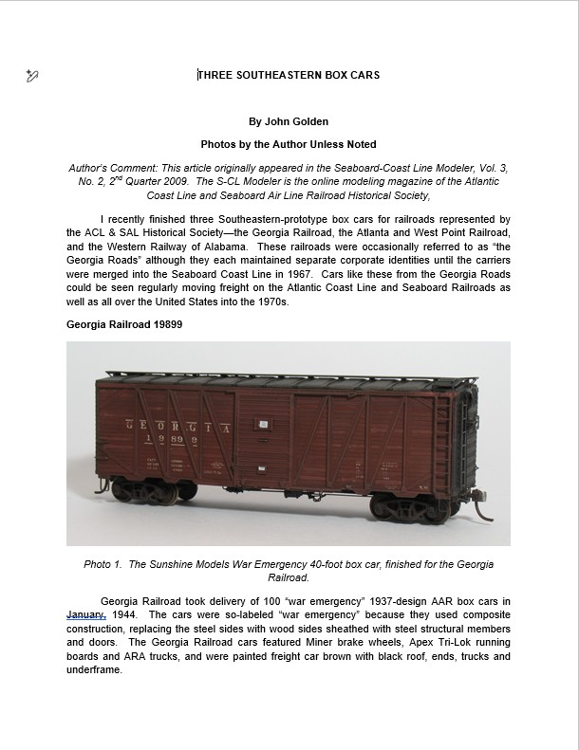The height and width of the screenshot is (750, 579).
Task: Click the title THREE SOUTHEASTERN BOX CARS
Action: click(289, 75)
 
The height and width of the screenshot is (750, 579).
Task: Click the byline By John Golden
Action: click(288, 121)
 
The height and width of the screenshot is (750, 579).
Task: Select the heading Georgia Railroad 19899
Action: click(124, 324)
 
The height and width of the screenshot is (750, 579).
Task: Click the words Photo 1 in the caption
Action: click(103, 564)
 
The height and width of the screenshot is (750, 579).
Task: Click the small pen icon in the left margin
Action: click(32, 75)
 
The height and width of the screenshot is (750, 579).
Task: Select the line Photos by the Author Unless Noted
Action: click(288, 144)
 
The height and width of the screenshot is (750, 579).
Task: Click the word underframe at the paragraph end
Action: click(95, 668)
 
